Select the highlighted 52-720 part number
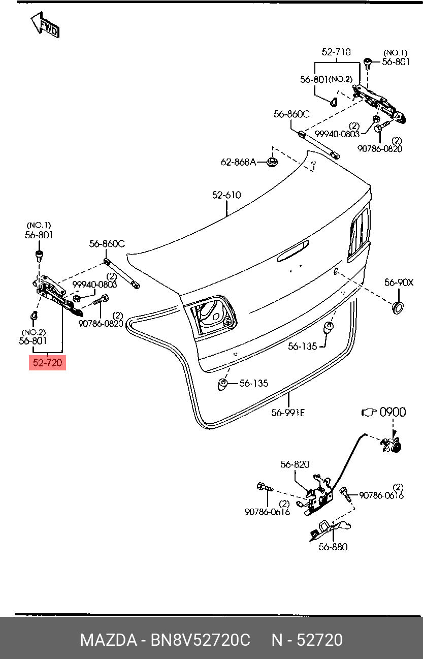tap(47, 363)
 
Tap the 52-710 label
tap(336, 52)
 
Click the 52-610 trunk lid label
tap(226, 195)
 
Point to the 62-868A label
tap(238, 162)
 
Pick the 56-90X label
tap(399, 283)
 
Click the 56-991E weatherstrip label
tap(288, 413)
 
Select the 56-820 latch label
tap(295, 464)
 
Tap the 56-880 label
tap(333, 547)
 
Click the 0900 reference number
tap(393, 412)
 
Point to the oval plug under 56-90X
tap(398, 307)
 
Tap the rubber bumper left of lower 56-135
tap(222, 385)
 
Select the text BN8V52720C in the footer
tap(200, 640)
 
